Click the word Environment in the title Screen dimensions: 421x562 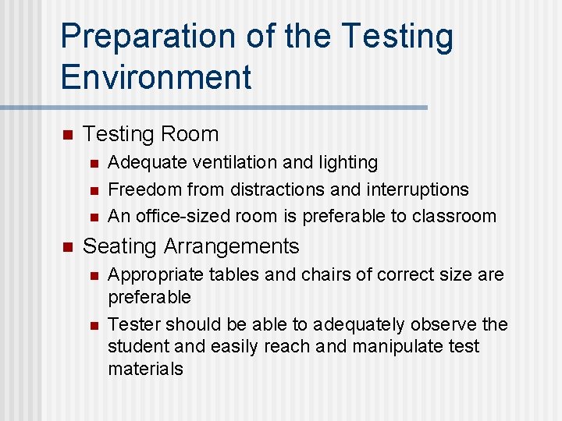[156, 78]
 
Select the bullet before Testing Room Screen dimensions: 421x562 [66, 135]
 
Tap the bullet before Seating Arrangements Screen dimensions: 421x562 [66, 247]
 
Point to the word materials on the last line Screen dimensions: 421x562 [145, 369]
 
